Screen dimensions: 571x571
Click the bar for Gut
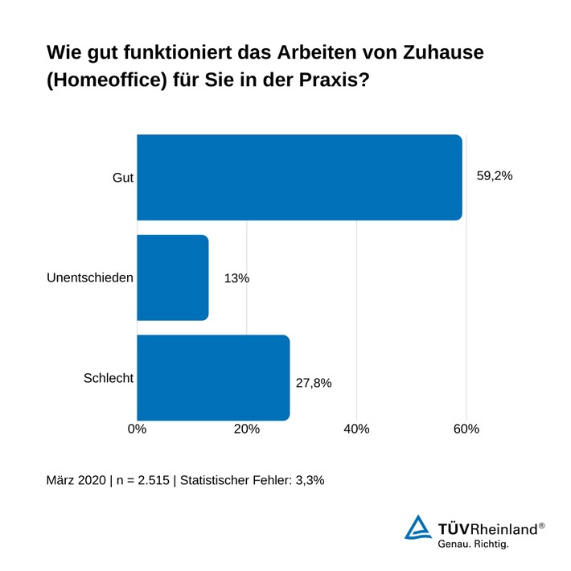tap(299, 177)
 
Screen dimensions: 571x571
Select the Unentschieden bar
tap(173, 277)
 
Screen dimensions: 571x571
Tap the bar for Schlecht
tap(213, 377)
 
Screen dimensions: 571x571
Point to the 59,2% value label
tap(495, 176)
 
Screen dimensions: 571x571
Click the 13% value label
tap(237, 278)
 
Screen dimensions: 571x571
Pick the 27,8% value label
tap(314, 382)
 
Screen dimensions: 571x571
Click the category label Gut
tap(122, 177)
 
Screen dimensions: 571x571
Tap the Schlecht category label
tap(108, 377)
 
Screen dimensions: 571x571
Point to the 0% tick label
tap(138, 429)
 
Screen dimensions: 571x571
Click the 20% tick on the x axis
tap(247, 429)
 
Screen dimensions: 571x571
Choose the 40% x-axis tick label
tap(356, 429)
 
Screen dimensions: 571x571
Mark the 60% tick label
tap(466, 429)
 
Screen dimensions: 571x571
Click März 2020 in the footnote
tap(76, 480)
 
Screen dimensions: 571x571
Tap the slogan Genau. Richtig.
tap(473, 544)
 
